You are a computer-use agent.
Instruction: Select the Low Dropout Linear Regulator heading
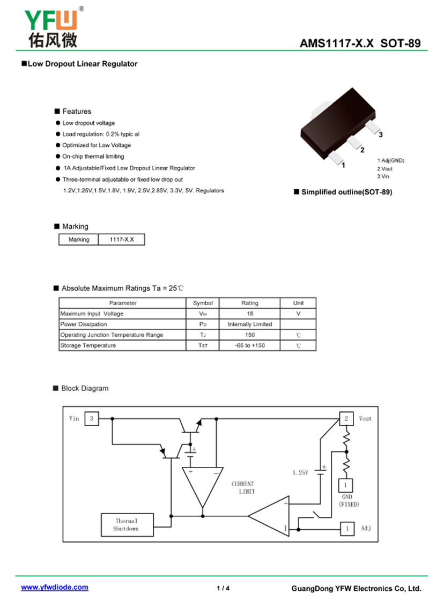pos(82,64)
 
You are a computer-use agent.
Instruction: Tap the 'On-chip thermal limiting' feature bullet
pos(93,157)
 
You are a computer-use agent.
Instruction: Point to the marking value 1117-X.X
pos(122,240)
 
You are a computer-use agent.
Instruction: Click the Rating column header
pos(249,303)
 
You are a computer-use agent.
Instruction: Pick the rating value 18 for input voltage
pos(249,314)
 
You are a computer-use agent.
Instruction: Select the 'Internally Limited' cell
pos(249,324)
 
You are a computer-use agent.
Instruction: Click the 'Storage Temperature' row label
pos(88,346)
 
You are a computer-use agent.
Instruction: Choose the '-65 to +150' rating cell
pos(249,346)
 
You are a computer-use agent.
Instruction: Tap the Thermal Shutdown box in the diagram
pos(127,525)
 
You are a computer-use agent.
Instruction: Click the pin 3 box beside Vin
pos(92,418)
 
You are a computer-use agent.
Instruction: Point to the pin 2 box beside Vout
pos(346,418)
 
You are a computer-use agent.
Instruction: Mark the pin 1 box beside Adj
pos(347,529)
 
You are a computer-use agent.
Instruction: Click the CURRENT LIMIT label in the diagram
pos(243,487)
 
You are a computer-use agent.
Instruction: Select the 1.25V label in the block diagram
pos(300,473)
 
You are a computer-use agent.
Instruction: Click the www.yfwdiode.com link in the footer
pos(55,588)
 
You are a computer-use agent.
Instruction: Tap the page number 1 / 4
pos(223,588)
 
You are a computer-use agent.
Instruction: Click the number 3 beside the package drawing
pos(380,135)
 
